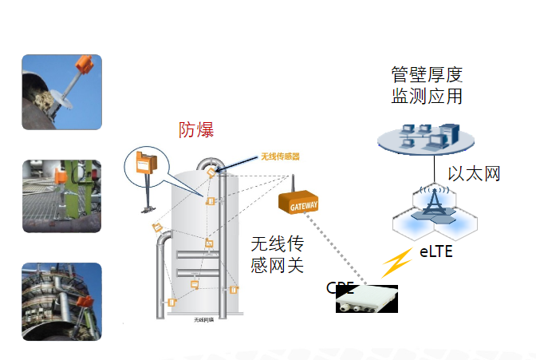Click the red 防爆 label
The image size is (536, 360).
pyautogui.click(x=196, y=130)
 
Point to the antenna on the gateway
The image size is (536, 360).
pyautogui.click(x=292, y=184)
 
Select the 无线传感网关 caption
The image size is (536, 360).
pyautogui.click(x=277, y=254)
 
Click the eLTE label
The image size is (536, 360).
pyautogui.click(x=437, y=253)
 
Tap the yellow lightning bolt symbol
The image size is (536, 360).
pyautogui.click(x=396, y=263)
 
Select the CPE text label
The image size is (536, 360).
pyautogui.click(x=339, y=287)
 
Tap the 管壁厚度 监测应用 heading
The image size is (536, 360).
pyautogui.click(x=427, y=86)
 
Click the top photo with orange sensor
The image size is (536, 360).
pyautogui.click(x=61, y=92)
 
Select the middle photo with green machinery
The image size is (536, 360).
pyautogui.click(x=61, y=196)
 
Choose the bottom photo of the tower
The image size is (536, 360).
pyautogui.click(x=61, y=301)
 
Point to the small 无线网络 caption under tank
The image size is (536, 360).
pyautogui.click(x=205, y=319)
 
